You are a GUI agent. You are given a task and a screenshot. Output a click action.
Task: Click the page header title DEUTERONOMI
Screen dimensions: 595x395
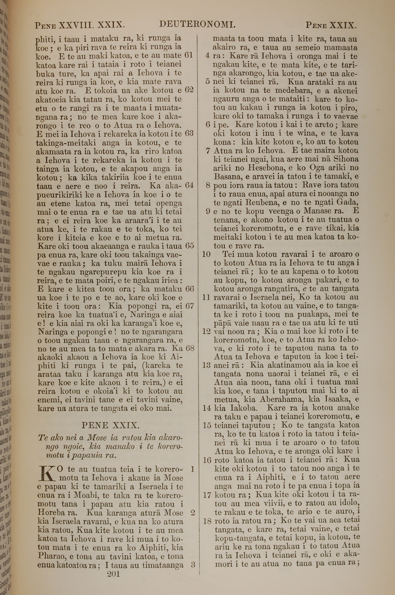tap(197, 25)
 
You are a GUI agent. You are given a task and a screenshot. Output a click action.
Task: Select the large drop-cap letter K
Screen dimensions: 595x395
tap(47, 474)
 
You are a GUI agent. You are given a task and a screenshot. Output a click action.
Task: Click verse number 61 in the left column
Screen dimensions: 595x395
tap(188, 55)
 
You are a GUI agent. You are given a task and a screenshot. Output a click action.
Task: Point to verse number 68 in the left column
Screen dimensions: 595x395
tap(190, 348)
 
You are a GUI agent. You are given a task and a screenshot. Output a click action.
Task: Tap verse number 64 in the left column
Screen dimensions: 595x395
tap(189, 185)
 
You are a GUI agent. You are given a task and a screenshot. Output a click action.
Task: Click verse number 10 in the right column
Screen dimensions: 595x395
tap(206, 254)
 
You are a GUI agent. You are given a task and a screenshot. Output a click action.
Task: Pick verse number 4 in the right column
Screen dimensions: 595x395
tap(207, 56)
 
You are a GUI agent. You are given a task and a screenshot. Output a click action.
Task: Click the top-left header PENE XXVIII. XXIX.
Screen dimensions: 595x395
tap(79, 25)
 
